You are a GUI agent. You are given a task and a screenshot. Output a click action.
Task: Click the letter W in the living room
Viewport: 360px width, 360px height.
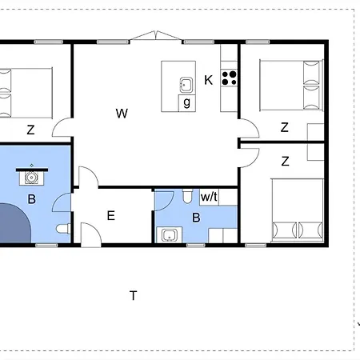(122, 114)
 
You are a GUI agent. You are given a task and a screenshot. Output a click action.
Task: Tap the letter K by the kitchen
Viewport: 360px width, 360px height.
(209, 80)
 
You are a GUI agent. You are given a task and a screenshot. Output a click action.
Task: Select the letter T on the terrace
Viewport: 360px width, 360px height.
(134, 296)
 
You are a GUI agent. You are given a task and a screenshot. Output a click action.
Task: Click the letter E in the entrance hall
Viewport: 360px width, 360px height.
(111, 215)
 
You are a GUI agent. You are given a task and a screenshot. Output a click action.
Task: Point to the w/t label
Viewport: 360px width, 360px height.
(209, 197)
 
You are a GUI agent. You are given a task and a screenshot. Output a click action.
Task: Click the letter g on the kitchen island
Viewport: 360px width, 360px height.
(187, 102)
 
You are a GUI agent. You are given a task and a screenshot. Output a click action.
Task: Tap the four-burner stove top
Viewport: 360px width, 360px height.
(229, 78)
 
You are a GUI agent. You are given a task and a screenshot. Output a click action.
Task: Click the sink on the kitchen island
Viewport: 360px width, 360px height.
(186, 85)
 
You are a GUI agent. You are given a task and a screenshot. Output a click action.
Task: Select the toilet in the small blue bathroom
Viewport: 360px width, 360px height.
(187, 196)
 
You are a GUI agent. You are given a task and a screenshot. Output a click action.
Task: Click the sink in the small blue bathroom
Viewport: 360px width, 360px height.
(169, 235)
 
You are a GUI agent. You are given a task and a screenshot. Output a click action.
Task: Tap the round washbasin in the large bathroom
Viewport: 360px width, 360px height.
(32, 178)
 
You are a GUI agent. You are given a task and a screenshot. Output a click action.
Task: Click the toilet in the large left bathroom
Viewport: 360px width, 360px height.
(63, 229)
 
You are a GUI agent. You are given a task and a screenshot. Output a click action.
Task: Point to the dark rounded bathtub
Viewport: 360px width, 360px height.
(14, 223)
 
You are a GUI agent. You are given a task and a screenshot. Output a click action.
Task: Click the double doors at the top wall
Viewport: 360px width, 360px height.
(156, 36)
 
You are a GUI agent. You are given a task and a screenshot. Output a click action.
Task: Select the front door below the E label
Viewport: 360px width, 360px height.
(91, 234)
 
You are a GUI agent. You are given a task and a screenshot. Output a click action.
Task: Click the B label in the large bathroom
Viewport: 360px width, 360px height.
(32, 199)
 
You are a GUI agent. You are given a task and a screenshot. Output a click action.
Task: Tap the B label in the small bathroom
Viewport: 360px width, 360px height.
(196, 218)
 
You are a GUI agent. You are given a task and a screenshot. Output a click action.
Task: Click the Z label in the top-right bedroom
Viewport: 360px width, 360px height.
(285, 127)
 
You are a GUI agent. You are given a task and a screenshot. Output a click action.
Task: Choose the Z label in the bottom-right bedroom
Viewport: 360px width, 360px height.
(286, 162)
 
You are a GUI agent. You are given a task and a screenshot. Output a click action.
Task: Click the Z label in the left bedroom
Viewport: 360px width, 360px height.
(31, 130)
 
